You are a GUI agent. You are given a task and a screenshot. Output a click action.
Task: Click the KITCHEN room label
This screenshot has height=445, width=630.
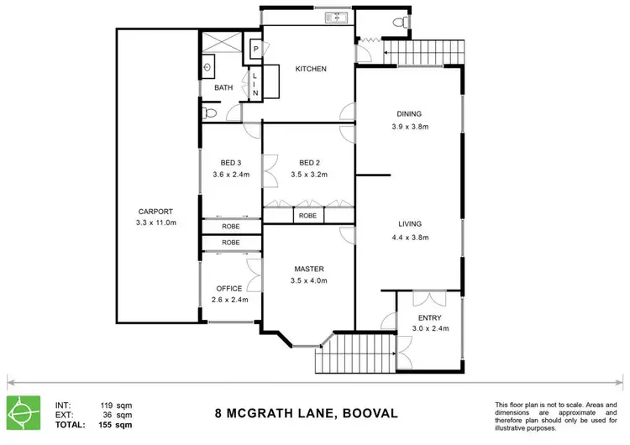tap(310, 69)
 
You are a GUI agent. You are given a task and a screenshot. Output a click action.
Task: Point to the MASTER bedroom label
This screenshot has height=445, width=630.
tap(309, 269)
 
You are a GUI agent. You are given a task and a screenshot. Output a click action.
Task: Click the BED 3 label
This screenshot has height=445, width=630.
tap(231, 162)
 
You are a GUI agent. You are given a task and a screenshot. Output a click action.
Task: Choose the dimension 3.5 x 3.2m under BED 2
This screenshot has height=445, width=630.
tap(309, 175)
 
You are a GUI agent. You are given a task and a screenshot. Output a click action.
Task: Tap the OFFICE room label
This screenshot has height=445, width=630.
tap(229, 288)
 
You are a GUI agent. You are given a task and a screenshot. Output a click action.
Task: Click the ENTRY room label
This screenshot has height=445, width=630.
tap(428, 318)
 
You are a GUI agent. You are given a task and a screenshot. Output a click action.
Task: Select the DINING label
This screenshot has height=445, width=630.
tap(409, 115)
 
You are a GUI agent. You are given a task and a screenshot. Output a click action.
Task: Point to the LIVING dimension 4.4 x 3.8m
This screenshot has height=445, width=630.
tap(409, 238)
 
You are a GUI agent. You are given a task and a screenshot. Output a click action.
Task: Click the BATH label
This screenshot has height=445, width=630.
tap(223, 87)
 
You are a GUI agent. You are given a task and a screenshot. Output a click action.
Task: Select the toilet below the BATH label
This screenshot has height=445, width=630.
tap(210, 111)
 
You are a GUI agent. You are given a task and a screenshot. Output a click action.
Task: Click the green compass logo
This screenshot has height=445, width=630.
tap(24, 412)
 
